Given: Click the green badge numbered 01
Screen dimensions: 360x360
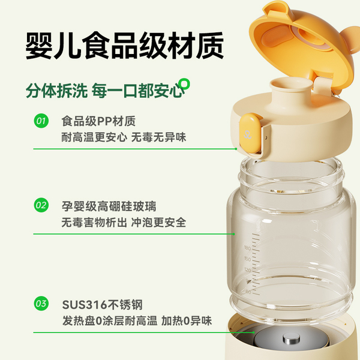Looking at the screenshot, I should point(41,122).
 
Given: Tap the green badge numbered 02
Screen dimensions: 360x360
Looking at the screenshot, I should point(41,206).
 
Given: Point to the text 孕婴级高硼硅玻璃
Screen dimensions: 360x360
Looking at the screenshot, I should point(109,206).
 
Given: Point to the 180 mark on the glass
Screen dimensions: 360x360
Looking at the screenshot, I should point(247,247).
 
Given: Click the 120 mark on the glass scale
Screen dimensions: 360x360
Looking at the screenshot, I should point(247,271).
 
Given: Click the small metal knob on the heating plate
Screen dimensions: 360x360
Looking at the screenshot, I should point(288,343).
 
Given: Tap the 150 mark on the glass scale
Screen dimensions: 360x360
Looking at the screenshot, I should point(247,259).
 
